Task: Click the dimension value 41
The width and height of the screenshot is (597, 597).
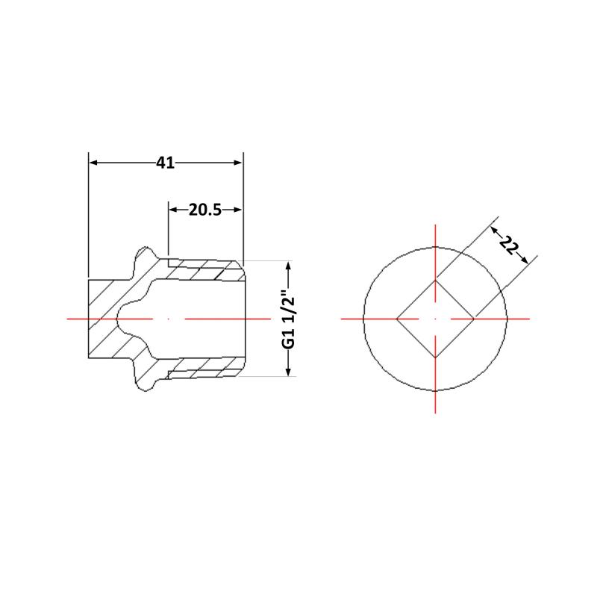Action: click(x=165, y=163)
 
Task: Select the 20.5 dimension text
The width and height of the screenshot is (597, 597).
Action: click(x=204, y=210)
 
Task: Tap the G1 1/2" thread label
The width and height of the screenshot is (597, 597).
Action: click(x=289, y=319)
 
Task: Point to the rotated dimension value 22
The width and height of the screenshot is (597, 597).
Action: click(x=509, y=246)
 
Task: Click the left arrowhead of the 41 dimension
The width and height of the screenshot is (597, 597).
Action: click(x=94, y=163)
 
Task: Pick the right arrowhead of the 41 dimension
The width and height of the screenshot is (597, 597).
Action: click(x=237, y=163)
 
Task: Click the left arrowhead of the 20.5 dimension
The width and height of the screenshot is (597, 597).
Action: click(x=174, y=210)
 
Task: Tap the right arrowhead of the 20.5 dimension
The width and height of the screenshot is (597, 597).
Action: click(x=237, y=210)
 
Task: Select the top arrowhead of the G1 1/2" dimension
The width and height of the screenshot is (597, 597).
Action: click(x=288, y=266)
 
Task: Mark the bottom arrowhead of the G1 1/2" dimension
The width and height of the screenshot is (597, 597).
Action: click(x=288, y=371)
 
